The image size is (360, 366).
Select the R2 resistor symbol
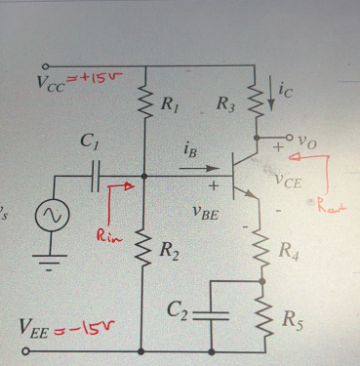[144, 256]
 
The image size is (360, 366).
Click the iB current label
[192, 151]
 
